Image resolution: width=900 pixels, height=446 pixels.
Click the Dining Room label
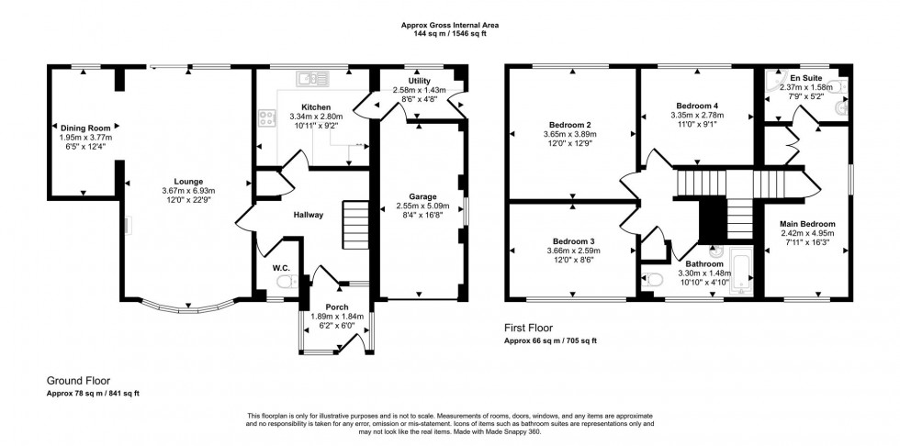[85, 128]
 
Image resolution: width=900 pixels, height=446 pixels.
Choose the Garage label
[422, 196]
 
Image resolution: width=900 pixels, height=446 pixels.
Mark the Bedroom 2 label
[569, 124]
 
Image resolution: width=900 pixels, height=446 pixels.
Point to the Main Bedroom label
[807, 224]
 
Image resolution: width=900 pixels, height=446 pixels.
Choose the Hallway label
[308, 215]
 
